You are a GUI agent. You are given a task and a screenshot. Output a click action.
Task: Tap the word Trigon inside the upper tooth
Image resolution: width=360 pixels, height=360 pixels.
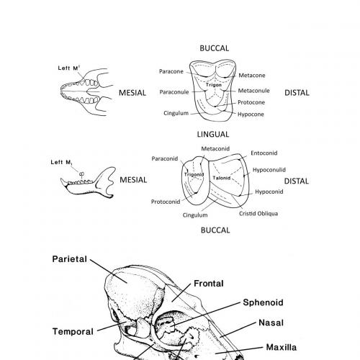212,86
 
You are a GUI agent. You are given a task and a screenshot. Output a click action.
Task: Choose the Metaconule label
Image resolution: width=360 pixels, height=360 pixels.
255,91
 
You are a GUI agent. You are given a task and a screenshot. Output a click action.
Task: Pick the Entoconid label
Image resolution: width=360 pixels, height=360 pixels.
264,153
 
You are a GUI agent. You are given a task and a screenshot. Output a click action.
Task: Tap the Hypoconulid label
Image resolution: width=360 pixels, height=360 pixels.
271,170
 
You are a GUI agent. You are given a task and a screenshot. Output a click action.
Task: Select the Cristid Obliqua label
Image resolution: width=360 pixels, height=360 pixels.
258,213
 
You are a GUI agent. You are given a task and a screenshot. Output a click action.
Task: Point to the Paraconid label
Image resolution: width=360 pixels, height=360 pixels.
166,158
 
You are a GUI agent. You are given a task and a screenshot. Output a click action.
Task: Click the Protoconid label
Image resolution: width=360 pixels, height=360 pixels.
166,202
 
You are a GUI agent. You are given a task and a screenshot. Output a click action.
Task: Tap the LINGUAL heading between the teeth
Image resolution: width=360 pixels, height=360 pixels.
212,134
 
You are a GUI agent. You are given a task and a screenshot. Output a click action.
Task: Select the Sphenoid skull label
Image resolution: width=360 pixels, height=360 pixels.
263,302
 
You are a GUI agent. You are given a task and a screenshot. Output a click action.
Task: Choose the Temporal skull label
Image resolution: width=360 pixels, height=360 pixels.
73,332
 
